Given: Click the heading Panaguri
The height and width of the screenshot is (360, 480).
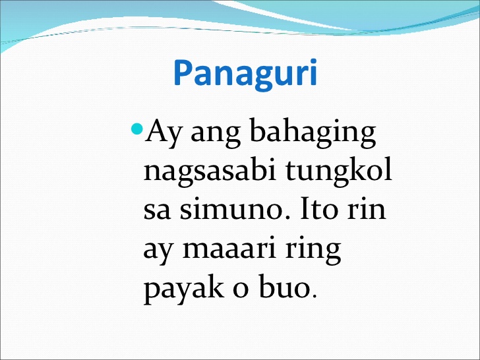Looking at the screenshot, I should click(x=245, y=75).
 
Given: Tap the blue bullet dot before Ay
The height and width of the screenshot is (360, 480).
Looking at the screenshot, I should click(x=137, y=126).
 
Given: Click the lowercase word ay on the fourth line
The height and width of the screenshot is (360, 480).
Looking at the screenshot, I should click(x=157, y=254).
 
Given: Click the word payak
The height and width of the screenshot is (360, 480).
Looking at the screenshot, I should click(x=178, y=291).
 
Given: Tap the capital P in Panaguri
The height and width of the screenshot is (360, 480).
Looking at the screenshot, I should click(x=183, y=75).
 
